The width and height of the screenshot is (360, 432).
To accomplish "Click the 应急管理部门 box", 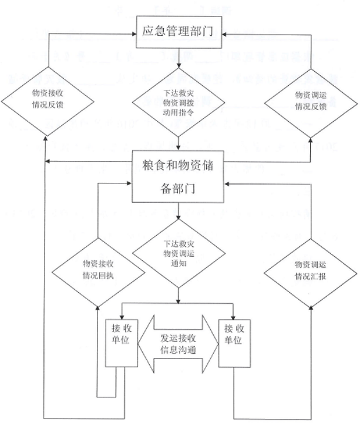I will coord(179,31).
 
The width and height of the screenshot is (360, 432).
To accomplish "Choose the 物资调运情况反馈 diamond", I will coord(310,100).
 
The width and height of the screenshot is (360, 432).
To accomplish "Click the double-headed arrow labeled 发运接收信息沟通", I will coord(178,343).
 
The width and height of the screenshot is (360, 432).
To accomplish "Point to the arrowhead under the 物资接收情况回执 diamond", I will coord(98,307).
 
